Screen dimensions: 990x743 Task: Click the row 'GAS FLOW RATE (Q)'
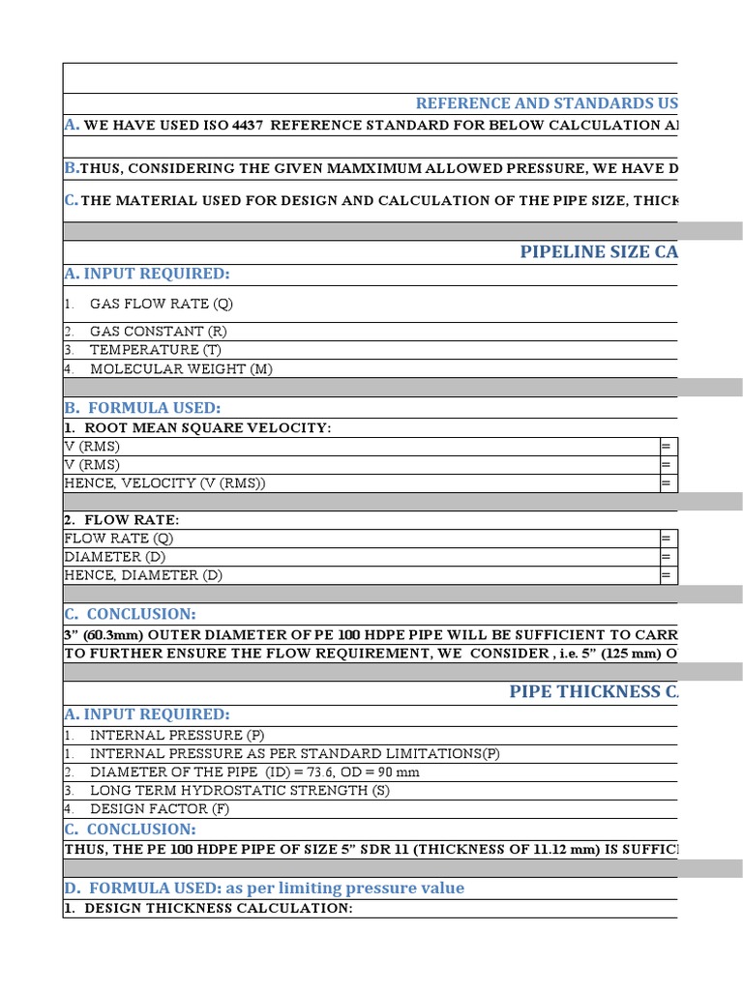tap(162, 304)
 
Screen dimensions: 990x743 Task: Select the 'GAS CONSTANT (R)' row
tap(159, 332)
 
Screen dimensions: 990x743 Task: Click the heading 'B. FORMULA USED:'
tap(142, 408)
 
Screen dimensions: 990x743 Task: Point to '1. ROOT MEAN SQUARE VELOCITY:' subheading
tap(197, 427)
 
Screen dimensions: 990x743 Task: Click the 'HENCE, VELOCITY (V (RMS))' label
tap(164, 483)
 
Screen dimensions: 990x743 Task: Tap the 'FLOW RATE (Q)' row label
tap(119, 539)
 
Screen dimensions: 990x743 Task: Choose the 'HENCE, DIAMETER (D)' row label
tap(143, 575)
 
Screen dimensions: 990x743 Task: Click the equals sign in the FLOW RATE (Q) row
tap(666, 539)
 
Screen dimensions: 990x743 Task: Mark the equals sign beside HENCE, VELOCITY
tap(666, 483)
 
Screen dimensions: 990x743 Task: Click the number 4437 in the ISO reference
tap(248, 125)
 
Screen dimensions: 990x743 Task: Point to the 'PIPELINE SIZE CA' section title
tap(599, 252)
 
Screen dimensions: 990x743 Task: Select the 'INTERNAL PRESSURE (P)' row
tap(176, 736)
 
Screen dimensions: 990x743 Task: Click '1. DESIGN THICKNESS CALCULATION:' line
tap(208, 909)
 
